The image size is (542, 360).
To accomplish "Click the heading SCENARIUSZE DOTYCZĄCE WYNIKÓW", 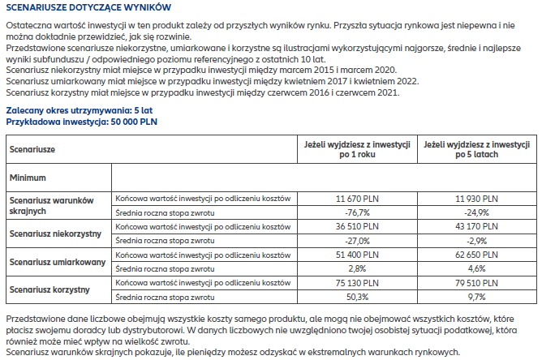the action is click(x=88, y=7).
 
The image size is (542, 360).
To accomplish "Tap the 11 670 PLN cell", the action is click(x=357, y=199).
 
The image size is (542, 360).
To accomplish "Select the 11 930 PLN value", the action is click(x=476, y=199).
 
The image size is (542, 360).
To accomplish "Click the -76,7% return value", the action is click(x=357, y=212).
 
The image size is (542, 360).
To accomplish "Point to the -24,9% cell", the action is click(x=476, y=212).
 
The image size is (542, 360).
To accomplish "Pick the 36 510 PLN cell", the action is click(x=357, y=227).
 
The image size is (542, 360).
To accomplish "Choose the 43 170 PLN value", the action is click(x=476, y=227).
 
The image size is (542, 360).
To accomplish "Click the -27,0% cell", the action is click(x=357, y=241).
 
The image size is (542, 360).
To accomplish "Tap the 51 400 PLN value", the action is click(x=357, y=255).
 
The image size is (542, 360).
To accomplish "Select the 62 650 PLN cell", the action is click(x=476, y=255).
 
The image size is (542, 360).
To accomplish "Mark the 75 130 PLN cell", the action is click(x=357, y=283).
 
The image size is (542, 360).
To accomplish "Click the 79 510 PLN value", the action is click(x=476, y=283).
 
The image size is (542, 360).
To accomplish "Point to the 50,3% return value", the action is click(x=357, y=297).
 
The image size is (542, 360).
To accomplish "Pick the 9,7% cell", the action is click(x=476, y=297).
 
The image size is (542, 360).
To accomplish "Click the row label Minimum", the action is click(x=28, y=178).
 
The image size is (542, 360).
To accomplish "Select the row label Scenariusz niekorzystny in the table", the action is click(x=55, y=234).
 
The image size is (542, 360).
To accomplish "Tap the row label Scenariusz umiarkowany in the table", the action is click(x=58, y=262).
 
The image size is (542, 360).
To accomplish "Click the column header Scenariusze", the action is click(x=32, y=150).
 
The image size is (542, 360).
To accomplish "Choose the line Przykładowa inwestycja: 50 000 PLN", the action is click(x=82, y=122).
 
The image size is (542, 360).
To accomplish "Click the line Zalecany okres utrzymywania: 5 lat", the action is click(x=80, y=110).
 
